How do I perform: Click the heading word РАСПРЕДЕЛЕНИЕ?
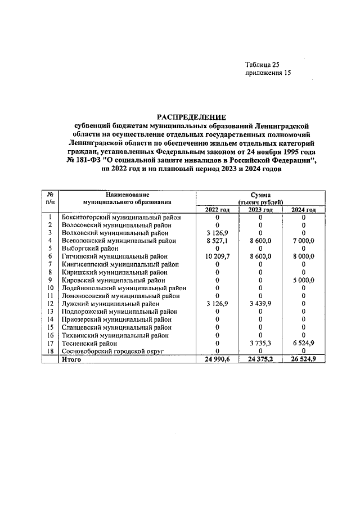click(x=191, y=118)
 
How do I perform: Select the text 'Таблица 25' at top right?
click(x=262, y=64)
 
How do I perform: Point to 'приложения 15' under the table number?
click(x=268, y=73)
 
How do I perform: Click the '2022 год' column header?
click(x=217, y=210)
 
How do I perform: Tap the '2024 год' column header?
click(x=303, y=210)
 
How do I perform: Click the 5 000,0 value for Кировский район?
click(x=303, y=280)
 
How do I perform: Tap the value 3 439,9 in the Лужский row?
click(x=260, y=304)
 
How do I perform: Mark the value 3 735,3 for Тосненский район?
click(x=260, y=343)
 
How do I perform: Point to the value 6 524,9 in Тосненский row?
click(x=303, y=343)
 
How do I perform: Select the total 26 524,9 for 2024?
click(x=303, y=359)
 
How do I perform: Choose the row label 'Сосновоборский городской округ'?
click(x=111, y=351)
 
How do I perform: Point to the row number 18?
click(x=50, y=351)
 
